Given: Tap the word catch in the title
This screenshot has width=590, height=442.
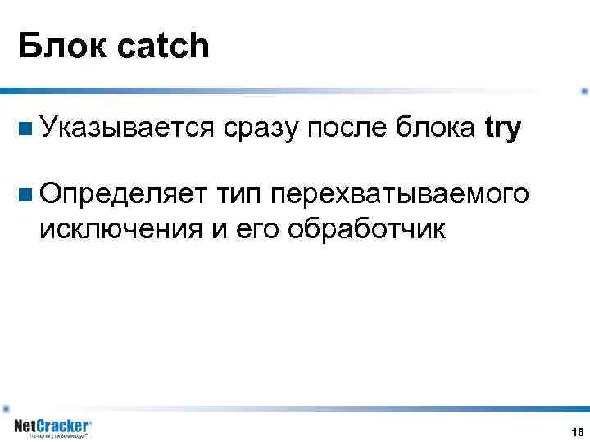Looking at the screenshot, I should [x=164, y=47].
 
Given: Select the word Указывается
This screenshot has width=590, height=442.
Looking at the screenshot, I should [x=126, y=129].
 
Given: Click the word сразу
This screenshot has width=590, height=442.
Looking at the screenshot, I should [x=260, y=129].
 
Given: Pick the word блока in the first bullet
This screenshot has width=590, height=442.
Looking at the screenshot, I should [x=434, y=129].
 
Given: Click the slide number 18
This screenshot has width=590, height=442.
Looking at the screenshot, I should [x=577, y=431].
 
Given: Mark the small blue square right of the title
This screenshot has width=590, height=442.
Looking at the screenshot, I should [x=583, y=91].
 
